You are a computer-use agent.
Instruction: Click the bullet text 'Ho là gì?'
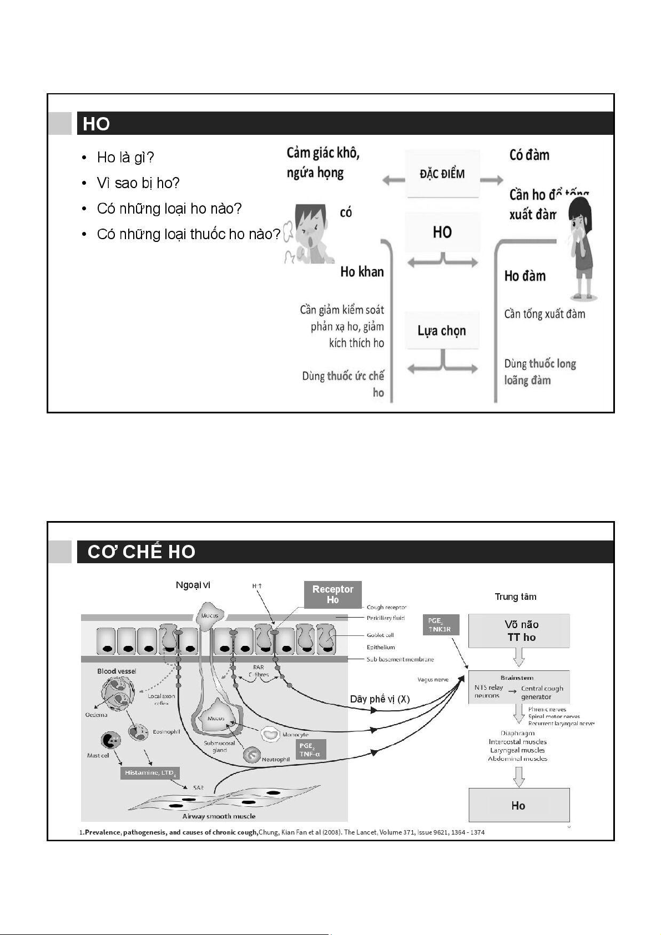(125, 158)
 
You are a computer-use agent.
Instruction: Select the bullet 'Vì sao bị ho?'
(138, 183)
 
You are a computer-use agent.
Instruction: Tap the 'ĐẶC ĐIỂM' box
(442, 174)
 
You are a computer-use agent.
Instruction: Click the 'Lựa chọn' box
(442, 331)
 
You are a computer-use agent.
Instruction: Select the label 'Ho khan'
(362, 272)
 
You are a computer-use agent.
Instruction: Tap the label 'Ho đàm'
(524, 276)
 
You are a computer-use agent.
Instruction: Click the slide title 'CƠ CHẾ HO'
(142, 552)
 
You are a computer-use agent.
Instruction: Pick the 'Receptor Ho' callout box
(332, 594)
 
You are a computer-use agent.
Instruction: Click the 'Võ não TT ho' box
(519, 631)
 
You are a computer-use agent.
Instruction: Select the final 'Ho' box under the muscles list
(519, 805)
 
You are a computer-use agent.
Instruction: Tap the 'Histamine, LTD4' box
(150, 773)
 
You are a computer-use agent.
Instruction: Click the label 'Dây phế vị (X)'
(380, 699)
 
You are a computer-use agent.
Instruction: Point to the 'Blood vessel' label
(117, 671)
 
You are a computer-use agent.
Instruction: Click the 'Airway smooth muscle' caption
(219, 816)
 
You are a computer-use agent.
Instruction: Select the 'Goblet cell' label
(380, 635)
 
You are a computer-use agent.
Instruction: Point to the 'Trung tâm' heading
(516, 597)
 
